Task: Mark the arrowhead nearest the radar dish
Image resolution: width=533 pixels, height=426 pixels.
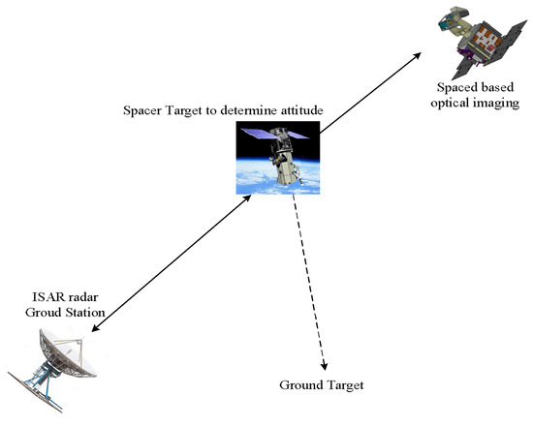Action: point(94,328)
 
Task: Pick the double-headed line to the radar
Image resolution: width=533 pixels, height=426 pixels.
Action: point(174,261)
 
